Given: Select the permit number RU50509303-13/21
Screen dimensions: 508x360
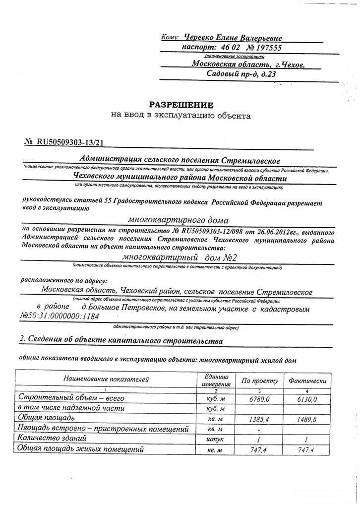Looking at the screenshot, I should click(71, 142).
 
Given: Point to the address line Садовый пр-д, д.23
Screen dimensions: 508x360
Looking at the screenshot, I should click(241, 74).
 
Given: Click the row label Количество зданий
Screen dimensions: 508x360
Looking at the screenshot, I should click(52, 439).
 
